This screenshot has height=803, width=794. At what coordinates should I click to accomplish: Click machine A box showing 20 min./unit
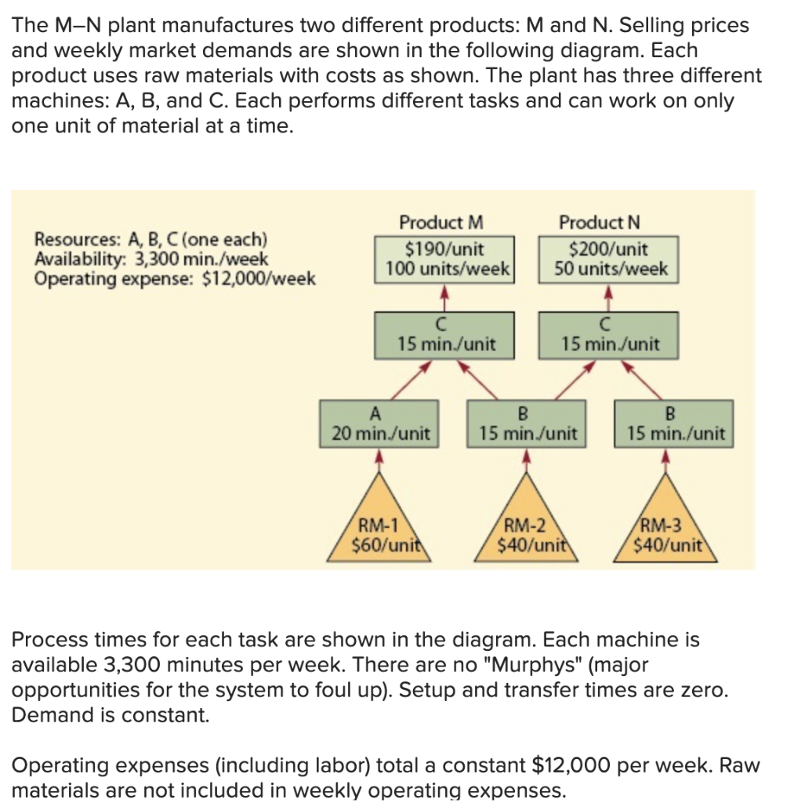coord(379,423)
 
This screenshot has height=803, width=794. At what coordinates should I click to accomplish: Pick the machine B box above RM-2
coord(526,423)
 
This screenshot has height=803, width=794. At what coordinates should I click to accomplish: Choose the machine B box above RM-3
coord(675,423)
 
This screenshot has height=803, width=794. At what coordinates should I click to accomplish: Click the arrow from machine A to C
coord(404,380)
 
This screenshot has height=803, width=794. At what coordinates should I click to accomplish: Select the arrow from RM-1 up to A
coord(379,461)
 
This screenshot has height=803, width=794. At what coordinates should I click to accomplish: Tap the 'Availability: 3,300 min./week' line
coord(151,259)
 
